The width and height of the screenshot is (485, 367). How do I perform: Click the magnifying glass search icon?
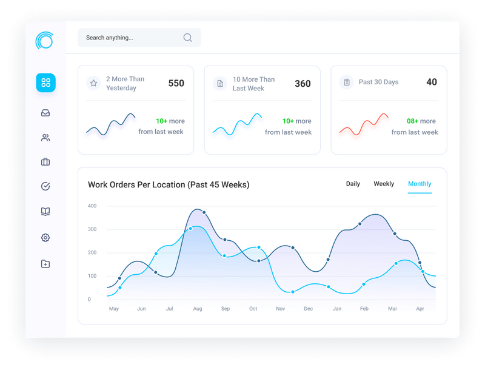coord(187,38)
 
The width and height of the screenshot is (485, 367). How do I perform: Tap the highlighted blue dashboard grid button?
coord(45,82)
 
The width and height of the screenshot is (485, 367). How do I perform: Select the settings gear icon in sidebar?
coord(45,238)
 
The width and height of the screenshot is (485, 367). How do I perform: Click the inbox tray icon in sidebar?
coord(45,113)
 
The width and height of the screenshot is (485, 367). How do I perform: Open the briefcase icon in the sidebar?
coord(45,162)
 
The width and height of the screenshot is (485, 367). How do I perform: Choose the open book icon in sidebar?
coord(45,212)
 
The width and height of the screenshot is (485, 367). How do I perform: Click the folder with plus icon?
coord(45,264)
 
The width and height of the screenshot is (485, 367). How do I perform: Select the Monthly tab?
coord(420,184)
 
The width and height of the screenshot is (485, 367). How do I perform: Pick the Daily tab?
coord(353,184)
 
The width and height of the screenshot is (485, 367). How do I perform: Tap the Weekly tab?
coord(384,184)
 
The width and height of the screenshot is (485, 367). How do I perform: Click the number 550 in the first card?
coord(176,84)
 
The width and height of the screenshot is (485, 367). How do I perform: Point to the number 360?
coord(303,84)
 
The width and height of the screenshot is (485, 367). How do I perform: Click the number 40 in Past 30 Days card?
coord(431,82)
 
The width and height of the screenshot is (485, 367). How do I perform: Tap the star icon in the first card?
coord(93,84)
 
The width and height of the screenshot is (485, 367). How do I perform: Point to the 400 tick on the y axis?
coord(92,206)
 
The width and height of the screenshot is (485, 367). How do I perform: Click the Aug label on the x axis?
coord(198,309)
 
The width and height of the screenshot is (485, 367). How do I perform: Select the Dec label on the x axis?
coord(308,309)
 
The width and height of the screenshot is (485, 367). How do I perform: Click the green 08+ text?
coord(412,121)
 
